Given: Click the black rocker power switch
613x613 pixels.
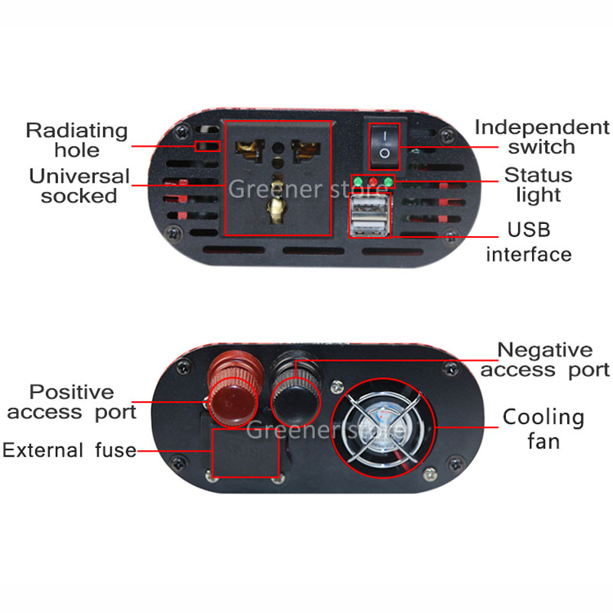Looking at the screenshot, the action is (384, 146).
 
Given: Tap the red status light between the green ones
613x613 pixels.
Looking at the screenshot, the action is (373, 182).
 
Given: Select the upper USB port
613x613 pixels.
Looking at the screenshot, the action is (370, 207).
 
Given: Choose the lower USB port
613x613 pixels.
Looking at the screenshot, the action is (370, 226).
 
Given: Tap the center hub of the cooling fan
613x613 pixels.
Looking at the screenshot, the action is (383, 428).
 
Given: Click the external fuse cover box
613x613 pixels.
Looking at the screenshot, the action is (245, 452).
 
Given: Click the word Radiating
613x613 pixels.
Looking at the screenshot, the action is (76, 131).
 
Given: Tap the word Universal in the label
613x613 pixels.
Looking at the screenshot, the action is (79, 176).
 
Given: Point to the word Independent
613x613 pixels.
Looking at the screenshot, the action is (542, 128).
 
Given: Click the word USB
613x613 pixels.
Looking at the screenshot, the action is (529, 229).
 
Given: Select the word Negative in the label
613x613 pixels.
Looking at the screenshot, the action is (545, 349).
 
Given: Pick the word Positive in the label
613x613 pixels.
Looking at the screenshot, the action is (72, 392).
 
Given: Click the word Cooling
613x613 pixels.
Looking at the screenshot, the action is (543, 417).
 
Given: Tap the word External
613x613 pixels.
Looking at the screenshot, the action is (43, 450).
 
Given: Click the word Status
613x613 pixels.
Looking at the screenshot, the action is (538, 175).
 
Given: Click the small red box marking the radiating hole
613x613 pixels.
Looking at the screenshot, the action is (208, 146).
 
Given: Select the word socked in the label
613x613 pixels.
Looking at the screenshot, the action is (79, 196).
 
